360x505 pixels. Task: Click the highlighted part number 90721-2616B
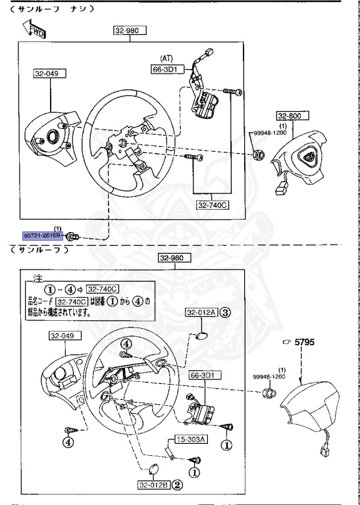coord(41,235)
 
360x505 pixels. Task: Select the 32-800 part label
coord(289,116)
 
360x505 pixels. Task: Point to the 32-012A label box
coord(201,312)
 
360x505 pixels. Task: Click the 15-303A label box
coord(188,440)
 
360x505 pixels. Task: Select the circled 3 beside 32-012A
coord(225,312)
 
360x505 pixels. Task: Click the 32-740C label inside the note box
coord(102,289)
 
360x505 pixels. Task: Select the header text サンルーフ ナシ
coord(49,9)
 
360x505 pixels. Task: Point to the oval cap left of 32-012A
coord(201,336)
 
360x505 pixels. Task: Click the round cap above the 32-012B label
coord(154,469)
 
